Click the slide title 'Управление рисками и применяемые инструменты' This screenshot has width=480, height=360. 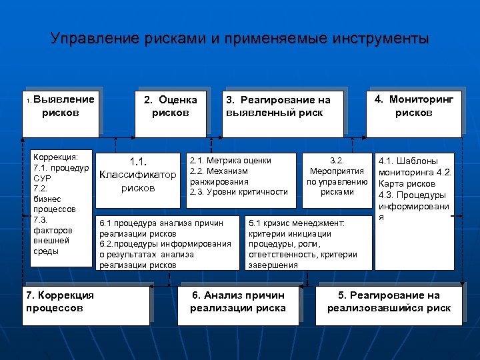click(x=240, y=39)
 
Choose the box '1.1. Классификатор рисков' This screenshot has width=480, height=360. click(x=138, y=175)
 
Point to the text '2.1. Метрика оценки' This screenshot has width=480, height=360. click(x=231, y=160)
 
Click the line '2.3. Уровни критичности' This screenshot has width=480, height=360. click(x=239, y=192)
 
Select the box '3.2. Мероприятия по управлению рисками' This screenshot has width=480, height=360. click(x=337, y=176)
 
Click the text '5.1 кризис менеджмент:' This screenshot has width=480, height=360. click(x=296, y=223)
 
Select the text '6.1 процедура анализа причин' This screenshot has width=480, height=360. click(x=161, y=223)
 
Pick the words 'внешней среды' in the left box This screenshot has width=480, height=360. click(x=51, y=246)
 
